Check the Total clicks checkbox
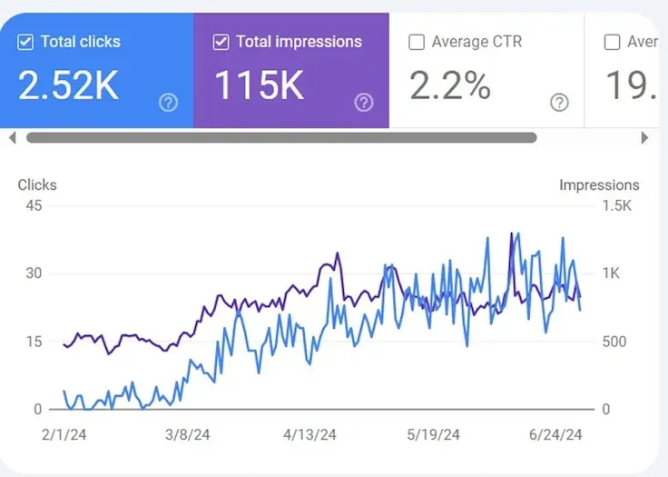[25, 42]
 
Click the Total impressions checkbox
[221, 42]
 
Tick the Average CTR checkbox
[417, 42]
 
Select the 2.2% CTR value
[450, 85]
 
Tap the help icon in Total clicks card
[168, 103]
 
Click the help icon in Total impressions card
[364, 103]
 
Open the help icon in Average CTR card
[560, 103]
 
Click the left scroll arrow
[12, 138]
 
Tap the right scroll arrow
[645, 138]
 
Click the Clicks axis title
[37, 185]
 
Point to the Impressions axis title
[599, 185]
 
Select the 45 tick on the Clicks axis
[34, 205]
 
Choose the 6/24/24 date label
[555, 435]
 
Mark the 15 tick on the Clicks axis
[34, 342]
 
